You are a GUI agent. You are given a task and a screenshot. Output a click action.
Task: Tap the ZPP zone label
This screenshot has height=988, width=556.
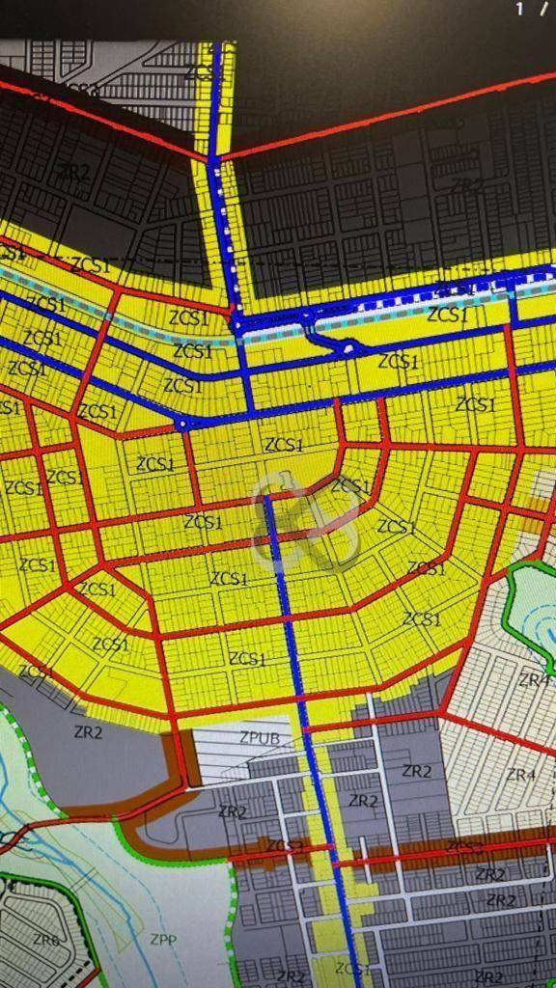[162, 937]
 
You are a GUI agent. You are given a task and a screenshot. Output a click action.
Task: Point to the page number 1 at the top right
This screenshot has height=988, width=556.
[520, 9]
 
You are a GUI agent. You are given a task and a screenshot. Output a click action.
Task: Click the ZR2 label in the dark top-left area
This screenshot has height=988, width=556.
[74, 171]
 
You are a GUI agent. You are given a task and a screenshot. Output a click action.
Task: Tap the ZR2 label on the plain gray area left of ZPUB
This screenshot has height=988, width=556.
[88, 731]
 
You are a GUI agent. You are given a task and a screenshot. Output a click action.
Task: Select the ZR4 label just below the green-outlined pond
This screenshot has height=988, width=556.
[534, 680]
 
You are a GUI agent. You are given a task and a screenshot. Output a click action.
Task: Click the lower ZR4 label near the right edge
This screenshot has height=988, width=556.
[520, 775]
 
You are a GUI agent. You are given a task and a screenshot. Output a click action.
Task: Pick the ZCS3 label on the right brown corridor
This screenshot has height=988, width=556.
[465, 846]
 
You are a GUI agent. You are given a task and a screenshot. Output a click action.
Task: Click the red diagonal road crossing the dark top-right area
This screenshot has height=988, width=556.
[386, 121]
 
